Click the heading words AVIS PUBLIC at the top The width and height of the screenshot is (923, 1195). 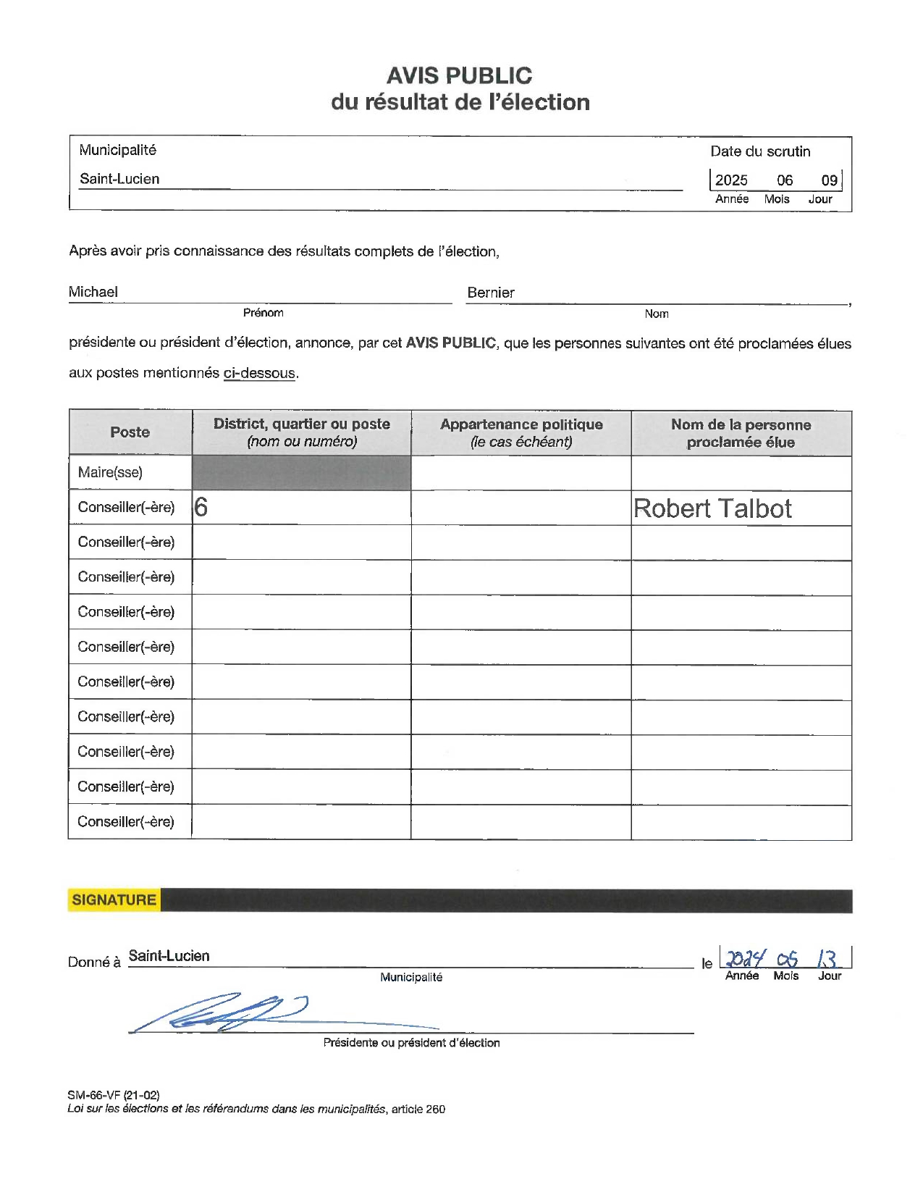tap(459, 75)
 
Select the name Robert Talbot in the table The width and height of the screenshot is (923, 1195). tap(712, 508)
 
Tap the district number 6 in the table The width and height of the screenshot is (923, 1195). tap(201, 507)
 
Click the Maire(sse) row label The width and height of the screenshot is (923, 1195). tap(110, 472)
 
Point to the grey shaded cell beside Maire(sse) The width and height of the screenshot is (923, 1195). tap(301, 473)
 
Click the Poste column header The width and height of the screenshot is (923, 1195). tap(130, 432)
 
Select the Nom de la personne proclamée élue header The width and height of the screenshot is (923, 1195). tap(741, 433)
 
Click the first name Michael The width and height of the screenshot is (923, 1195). tap(93, 292)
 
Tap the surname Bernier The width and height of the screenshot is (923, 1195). tap(491, 293)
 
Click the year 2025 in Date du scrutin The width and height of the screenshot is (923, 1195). tap(731, 180)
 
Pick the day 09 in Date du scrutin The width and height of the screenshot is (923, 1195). tap(829, 180)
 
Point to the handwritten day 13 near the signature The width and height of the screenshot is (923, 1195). tap(827, 960)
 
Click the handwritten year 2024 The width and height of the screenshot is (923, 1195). tap(745, 960)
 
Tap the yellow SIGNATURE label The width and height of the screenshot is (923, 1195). tap(114, 900)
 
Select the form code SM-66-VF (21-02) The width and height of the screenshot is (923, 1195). tap(114, 1095)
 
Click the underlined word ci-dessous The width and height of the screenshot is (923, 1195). tap(259, 373)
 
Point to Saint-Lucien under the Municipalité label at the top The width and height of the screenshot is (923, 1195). tap(119, 179)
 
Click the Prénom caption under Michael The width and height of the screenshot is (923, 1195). tap(264, 313)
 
